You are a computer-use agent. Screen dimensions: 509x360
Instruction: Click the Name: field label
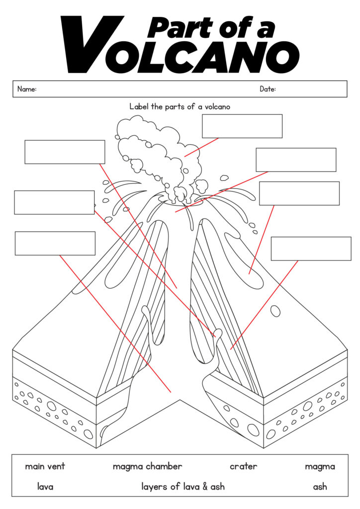click(27, 89)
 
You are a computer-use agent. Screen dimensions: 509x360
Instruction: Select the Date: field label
click(268, 89)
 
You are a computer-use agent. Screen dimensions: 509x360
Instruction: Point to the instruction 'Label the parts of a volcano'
click(180, 106)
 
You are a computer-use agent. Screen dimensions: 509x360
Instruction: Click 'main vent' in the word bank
click(45, 466)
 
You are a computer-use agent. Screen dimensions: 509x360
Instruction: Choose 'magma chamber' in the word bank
click(147, 466)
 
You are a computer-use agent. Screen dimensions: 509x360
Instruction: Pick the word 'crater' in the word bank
click(243, 466)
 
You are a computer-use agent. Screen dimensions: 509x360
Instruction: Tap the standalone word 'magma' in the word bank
click(320, 466)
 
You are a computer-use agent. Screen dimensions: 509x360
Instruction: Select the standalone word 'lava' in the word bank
click(45, 487)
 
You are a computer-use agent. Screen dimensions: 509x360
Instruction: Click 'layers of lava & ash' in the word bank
click(183, 487)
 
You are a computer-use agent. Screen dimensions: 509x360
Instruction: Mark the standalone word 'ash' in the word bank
click(320, 487)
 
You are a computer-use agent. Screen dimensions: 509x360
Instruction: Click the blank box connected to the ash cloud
click(242, 126)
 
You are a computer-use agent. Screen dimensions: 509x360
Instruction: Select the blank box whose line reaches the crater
click(296, 160)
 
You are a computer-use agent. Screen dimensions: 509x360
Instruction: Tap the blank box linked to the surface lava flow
click(299, 193)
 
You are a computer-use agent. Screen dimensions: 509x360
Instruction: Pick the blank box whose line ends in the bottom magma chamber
click(55, 243)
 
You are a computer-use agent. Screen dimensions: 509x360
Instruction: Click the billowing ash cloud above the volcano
click(154, 149)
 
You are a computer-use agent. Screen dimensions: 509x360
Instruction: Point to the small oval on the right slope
click(274, 311)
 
